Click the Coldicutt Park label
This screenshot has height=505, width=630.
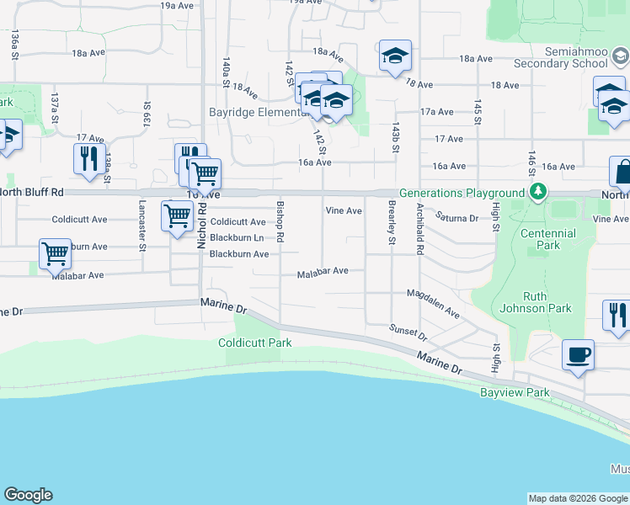[x=254, y=343]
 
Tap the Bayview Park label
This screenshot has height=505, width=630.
[x=515, y=392]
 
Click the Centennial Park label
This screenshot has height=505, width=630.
[x=547, y=239]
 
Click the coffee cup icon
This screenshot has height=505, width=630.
[x=579, y=355]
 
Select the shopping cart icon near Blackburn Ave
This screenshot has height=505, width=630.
[x=55, y=252]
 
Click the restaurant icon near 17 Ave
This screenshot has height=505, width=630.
[x=88, y=158]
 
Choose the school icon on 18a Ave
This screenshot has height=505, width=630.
[x=395, y=56]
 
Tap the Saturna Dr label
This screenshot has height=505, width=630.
[x=456, y=217]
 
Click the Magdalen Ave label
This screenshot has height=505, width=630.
[x=433, y=303]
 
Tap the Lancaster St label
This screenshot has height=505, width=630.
[x=142, y=228]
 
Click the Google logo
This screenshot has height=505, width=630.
[x=28, y=495]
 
